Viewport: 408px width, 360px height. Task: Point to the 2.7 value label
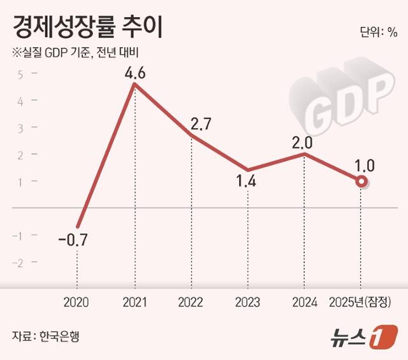192,124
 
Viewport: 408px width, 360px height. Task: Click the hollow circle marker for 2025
361,182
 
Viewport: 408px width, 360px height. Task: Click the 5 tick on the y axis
20,74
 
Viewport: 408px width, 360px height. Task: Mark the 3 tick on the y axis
20,127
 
